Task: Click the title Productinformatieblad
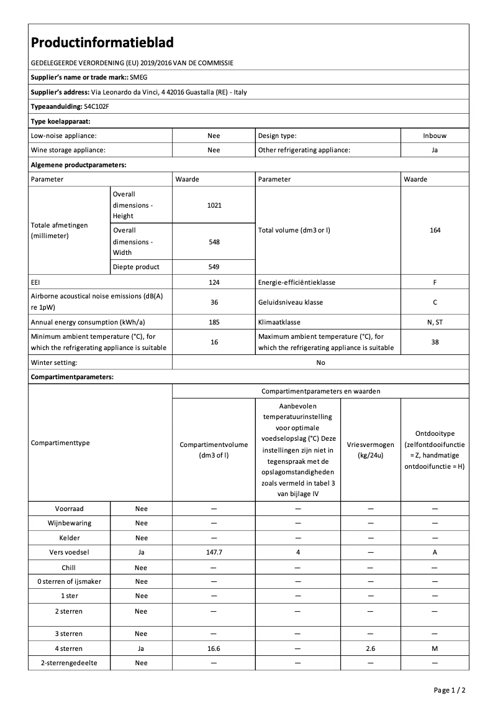[102, 42]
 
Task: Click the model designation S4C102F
[88, 106]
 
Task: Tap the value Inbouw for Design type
[434, 136]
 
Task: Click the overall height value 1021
[214, 205]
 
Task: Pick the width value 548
[214, 242]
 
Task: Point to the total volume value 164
[434, 230]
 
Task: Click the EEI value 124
[214, 282]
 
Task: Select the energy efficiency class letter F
[434, 282]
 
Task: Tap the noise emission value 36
[214, 302]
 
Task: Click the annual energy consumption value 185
[214, 322]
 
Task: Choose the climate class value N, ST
[434, 322]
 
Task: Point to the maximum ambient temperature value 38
[434, 342]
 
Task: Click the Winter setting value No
[320, 362]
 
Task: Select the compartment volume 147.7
[214, 552]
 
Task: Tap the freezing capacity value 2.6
[371, 648]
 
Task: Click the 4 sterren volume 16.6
[214, 648]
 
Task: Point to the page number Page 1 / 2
[449, 690]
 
